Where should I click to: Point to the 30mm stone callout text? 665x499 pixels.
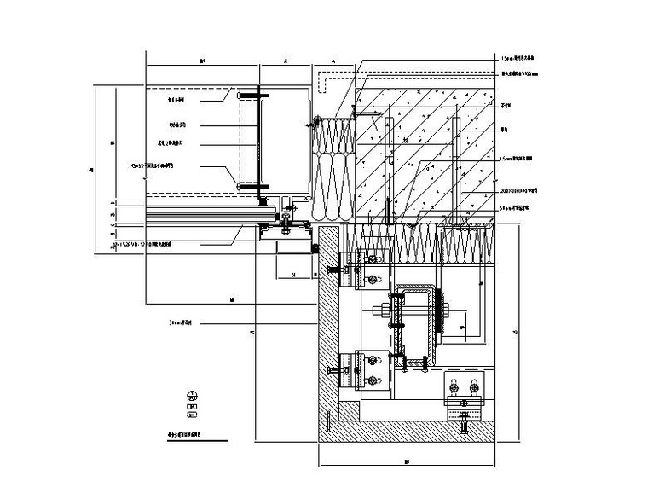(181, 323)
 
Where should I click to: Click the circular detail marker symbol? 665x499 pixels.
(194, 395)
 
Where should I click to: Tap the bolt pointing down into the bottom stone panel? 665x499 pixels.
(464, 421)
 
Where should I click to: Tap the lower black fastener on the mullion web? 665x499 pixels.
(242, 183)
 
